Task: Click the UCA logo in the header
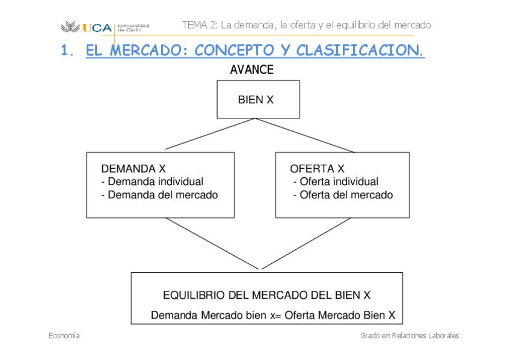[87, 27]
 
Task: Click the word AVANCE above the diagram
[251, 70]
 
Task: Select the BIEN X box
[258, 100]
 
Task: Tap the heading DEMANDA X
[133, 169]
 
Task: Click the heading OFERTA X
[317, 169]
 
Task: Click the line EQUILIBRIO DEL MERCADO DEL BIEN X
[266, 295]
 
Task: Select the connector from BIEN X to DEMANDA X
[210, 133]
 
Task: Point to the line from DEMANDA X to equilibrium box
[212, 243]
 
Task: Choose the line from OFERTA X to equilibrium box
[306, 243]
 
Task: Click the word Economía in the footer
[64, 335]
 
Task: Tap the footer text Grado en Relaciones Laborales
[410, 335]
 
